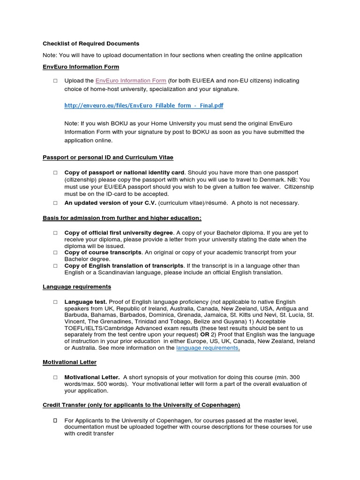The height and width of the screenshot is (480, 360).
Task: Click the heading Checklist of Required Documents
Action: coord(91,44)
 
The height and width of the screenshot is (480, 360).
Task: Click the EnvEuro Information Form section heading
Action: coord(81,67)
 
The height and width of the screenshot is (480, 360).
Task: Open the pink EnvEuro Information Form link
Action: coord(130,81)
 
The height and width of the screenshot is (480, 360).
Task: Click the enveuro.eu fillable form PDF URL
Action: coord(143,105)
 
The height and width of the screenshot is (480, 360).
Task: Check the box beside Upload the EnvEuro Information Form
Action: coord(55,81)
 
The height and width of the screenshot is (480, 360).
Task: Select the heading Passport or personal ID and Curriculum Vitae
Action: coord(108,157)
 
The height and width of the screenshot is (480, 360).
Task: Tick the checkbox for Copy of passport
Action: coord(55,172)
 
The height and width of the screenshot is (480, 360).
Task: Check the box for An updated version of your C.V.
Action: coord(55,203)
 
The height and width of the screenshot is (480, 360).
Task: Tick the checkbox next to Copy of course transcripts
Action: coord(55,252)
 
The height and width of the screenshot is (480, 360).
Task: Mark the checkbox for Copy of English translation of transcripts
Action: coord(55,266)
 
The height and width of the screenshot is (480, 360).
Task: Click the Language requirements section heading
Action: coord(77,286)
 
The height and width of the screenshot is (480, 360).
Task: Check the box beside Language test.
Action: coord(55,302)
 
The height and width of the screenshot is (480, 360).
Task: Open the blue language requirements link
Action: coord(207,348)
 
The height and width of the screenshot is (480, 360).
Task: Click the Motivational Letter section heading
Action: coord(69,362)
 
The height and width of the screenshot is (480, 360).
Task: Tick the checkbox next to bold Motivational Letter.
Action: coord(55,377)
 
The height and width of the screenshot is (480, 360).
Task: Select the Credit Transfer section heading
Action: coord(141,405)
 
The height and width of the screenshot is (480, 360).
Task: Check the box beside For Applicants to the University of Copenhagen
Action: coord(55,420)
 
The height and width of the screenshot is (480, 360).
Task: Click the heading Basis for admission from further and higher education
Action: coord(122,218)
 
